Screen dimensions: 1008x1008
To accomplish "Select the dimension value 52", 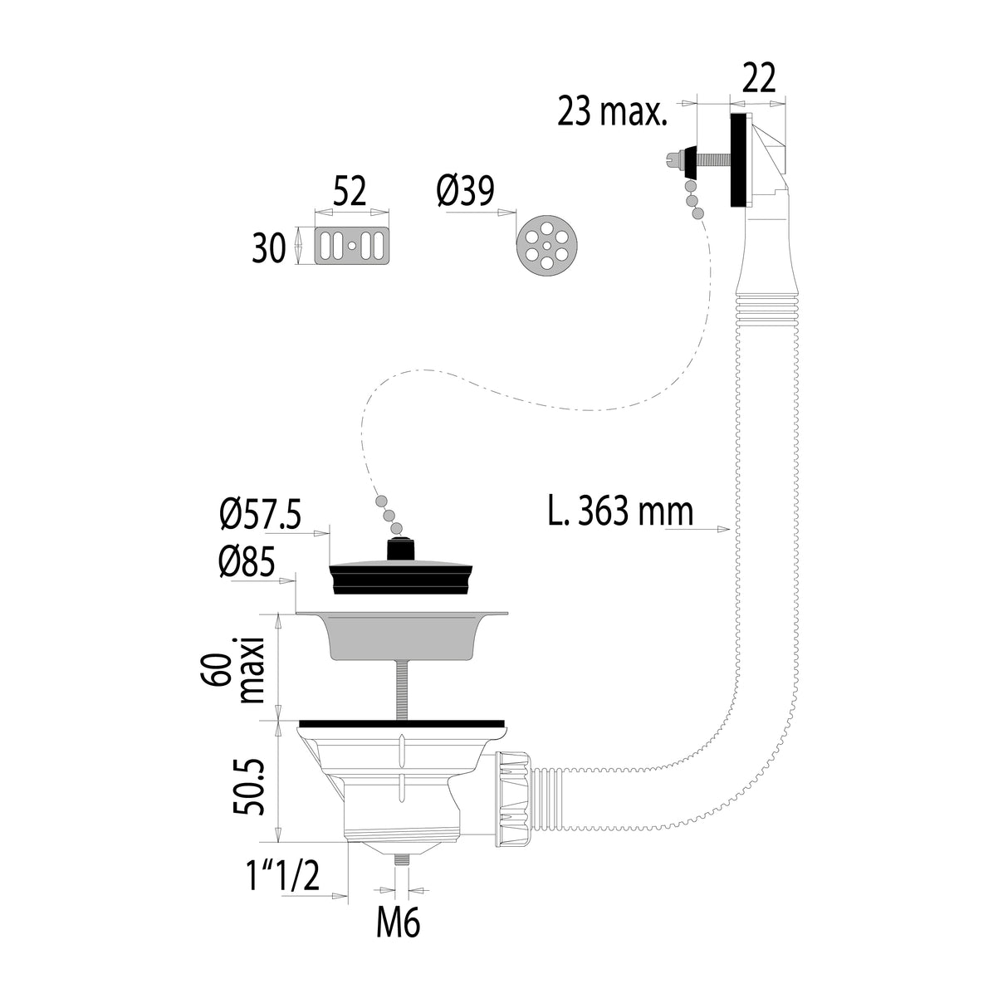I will [x=350, y=193].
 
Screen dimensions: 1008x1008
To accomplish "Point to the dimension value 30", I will [x=269, y=247].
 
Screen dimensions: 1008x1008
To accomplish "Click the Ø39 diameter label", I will [x=465, y=192].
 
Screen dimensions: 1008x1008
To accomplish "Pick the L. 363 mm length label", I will [x=619, y=511].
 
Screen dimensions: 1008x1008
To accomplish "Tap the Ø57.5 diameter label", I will [x=260, y=517].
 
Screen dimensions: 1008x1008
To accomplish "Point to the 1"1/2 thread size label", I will [x=281, y=876].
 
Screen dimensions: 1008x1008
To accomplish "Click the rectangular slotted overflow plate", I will [x=353, y=247].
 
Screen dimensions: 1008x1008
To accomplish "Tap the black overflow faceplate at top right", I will [x=738, y=160].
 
